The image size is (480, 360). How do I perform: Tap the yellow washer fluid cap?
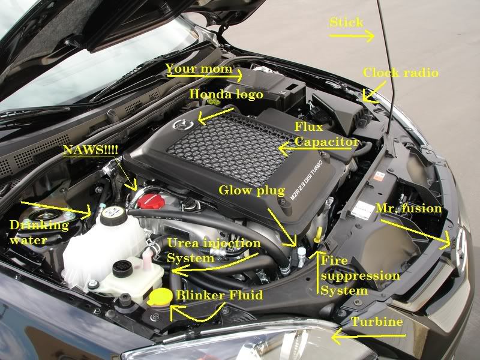click(x=160, y=296)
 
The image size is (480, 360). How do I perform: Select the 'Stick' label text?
click(x=347, y=22)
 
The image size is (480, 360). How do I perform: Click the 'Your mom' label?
click(x=199, y=68)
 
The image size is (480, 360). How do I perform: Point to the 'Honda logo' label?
click(x=226, y=94)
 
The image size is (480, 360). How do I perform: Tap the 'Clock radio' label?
click(x=400, y=73)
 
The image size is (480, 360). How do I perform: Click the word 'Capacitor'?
click(x=326, y=142)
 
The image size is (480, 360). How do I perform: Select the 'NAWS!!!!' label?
click(x=91, y=150)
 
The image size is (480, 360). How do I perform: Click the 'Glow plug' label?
click(x=251, y=190)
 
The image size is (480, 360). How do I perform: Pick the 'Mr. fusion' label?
click(x=409, y=208)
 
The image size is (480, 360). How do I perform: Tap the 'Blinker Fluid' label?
click(x=220, y=295)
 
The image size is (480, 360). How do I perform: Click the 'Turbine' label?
click(x=377, y=322)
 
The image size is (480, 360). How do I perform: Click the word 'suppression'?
click(x=360, y=276)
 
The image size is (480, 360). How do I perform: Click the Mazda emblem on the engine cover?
click(x=183, y=125)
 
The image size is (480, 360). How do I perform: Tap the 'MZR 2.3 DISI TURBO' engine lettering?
click(x=306, y=180)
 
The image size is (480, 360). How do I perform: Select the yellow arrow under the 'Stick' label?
click(x=352, y=36)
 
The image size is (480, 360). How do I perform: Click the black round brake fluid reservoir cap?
click(x=122, y=269)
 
